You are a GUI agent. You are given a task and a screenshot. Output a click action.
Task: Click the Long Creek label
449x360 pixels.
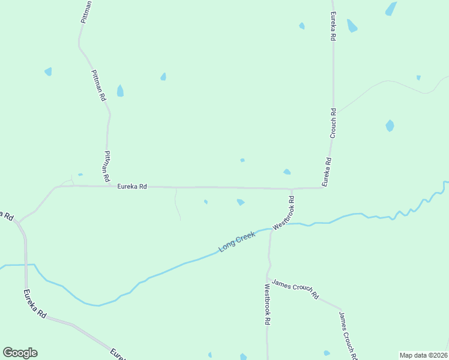(237, 242)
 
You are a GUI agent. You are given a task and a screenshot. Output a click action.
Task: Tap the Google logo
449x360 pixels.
(20, 353)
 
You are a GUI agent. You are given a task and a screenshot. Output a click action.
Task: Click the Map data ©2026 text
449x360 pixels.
(423, 355)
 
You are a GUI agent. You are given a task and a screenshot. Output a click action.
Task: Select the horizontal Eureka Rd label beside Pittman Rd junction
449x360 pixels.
(132, 187)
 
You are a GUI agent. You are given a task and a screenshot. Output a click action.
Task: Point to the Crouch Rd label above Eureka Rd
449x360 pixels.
(333, 124)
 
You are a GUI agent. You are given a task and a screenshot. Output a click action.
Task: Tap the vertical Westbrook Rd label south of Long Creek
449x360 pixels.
(267, 304)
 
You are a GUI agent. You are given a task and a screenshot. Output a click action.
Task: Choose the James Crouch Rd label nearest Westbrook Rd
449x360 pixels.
(295, 289)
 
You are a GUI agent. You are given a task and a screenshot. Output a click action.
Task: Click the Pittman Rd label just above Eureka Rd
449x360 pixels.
(106, 166)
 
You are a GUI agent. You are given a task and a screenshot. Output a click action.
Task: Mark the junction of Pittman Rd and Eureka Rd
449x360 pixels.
(109, 186)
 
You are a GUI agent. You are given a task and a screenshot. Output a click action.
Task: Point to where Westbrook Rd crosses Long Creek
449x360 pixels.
(272, 229)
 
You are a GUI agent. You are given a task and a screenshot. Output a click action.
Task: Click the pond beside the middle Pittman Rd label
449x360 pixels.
(120, 91)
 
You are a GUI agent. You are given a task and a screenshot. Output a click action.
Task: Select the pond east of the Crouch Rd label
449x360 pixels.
(390, 125)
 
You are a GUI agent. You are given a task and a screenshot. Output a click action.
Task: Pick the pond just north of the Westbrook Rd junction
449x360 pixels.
(287, 172)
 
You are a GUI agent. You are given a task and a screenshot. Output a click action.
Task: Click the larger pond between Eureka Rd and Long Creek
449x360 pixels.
(241, 202)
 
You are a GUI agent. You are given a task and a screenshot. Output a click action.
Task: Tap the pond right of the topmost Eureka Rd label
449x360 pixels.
(352, 25)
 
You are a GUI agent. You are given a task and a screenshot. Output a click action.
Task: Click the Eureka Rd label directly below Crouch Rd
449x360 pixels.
(327, 172)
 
